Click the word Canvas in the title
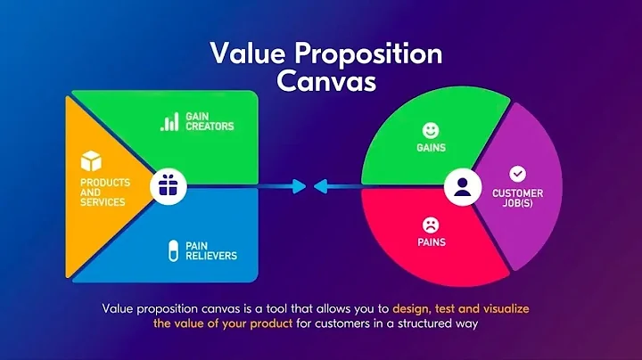pyautogui.click(x=326, y=80)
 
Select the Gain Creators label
pyautogui.click(x=210, y=121)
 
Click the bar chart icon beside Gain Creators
pyautogui.click(x=169, y=121)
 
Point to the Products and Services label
pyautogui.click(x=105, y=192)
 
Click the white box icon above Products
pyautogui.click(x=92, y=161)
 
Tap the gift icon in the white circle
pyautogui.click(x=167, y=185)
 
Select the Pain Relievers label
pyautogui.click(x=210, y=250)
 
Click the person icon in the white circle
pyautogui.click(x=461, y=187)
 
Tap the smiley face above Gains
pyautogui.click(x=432, y=128)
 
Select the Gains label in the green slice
pyautogui.click(x=432, y=148)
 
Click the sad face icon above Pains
pyautogui.click(x=431, y=224)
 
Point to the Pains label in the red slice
pyautogui.click(x=431, y=242)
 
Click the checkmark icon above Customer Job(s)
pyautogui.click(x=517, y=174)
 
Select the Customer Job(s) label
pyautogui.click(x=517, y=199)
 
